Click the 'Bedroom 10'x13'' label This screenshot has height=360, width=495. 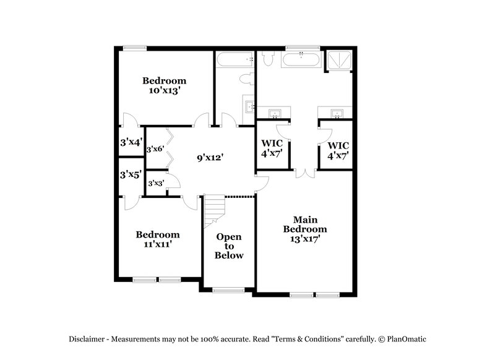[x=164, y=85]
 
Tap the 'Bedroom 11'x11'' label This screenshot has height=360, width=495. [x=158, y=239]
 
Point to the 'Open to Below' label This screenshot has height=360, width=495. [x=229, y=246]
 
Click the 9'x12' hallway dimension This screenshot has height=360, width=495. [x=210, y=158]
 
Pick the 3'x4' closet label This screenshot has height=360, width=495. [x=131, y=142]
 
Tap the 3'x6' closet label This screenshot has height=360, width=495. [x=155, y=149]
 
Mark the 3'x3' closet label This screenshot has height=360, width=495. [x=155, y=182]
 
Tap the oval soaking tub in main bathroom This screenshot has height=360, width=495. [x=301, y=60]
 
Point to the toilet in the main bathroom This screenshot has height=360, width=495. [x=269, y=59]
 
